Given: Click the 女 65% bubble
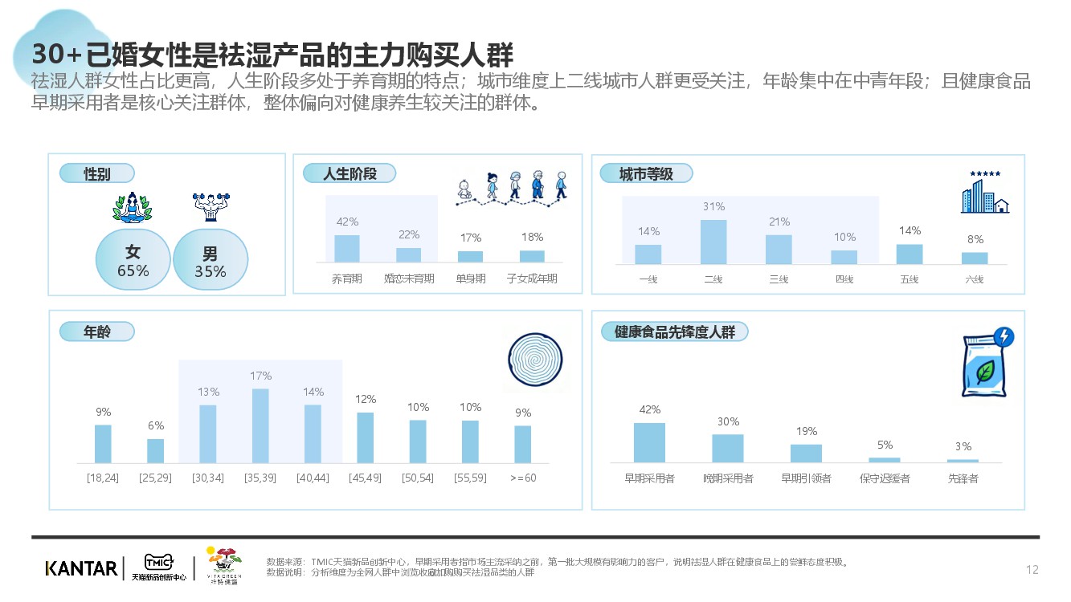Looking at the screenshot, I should (133, 261).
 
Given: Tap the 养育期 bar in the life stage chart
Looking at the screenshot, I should (347, 248).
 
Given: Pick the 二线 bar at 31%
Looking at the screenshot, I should (713, 242).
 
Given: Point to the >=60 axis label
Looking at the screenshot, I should (523, 478).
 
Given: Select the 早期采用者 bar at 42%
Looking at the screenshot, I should (649, 442).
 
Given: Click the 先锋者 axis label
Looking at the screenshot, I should (963, 479).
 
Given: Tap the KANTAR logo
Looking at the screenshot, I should (81, 568).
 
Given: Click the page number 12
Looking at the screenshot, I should (1032, 570).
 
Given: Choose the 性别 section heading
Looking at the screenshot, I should (97, 173).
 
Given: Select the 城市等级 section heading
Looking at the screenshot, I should (646, 173).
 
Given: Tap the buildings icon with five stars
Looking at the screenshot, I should (985, 193).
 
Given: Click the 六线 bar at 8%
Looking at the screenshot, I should (975, 258).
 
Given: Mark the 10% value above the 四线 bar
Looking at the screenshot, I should (844, 237).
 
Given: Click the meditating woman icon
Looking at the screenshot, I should (132, 208).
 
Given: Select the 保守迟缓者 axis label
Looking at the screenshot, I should (885, 479).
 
